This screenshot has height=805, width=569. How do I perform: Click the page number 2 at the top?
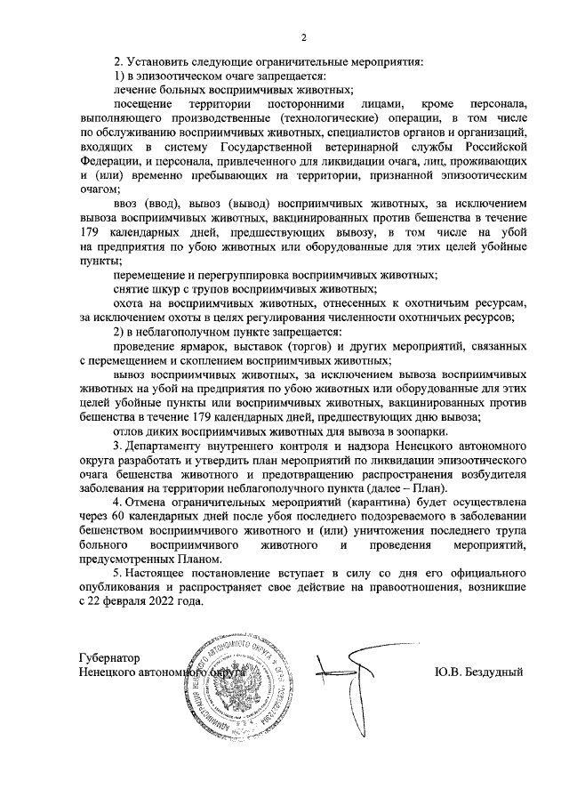(x=303, y=36)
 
